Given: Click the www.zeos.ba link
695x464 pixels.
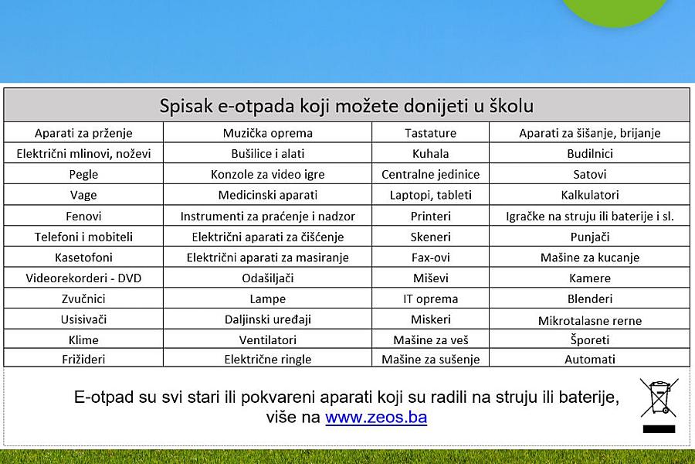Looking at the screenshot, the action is pos(376,418).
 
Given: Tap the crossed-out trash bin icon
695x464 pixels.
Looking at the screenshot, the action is pos(659,398).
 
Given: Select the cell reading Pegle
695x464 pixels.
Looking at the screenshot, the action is pos(83,174).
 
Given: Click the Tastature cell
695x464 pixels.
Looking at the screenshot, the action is pos(430,133).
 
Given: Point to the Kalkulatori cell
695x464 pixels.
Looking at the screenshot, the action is pos(589,195).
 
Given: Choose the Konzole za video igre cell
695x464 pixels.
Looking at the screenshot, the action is pos(268,174).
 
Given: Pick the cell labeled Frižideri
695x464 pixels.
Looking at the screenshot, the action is pos(83,359).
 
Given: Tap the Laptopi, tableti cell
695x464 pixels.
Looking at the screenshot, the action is pos(430,195).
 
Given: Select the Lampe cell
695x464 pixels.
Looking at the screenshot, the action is pos(268,299).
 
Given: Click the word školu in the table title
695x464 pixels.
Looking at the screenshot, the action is pos(511,106).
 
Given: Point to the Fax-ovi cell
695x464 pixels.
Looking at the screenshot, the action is pos(430,258).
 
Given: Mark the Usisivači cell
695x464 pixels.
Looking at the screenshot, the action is pos(83,319).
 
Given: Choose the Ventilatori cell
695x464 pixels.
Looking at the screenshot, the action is pos(268,340).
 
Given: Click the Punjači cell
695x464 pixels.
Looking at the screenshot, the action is pos(589,237).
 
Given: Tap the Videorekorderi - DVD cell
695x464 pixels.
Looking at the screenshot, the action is pos(83,278).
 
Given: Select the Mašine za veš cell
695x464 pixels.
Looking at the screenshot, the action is pos(430,340).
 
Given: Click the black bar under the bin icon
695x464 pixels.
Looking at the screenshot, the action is pos(659,429).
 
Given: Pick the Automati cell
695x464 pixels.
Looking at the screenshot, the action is pos(589,359).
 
